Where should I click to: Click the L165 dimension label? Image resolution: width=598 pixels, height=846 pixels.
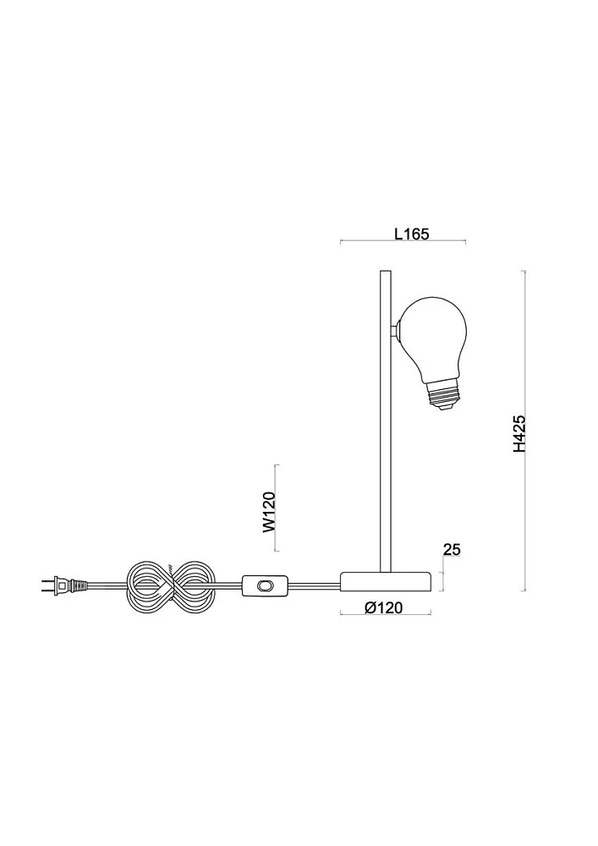pyautogui.click(x=411, y=233)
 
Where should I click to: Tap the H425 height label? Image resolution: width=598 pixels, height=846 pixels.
pyautogui.click(x=518, y=433)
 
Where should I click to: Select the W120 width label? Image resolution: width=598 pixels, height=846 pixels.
pyautogui.click(x=269, y=512)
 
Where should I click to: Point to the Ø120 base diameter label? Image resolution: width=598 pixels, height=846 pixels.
pyautogui.click(x=383, y=607)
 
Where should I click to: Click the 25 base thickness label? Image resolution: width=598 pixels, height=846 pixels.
pyautogui.click(x=452, y=549)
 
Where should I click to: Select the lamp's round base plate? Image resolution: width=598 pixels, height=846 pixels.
pyautogui.click(x=386, y=582)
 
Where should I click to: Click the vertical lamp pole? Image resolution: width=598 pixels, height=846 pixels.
pyautogui.click(x=386, y=420)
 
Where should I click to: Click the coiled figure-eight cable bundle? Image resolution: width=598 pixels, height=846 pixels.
pyautogui.click(x=172, y=585)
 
